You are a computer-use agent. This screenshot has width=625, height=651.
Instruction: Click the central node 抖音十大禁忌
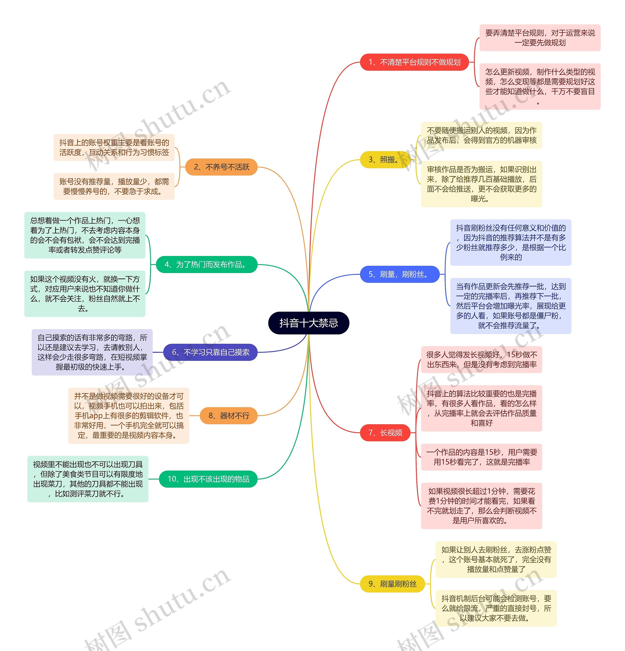308,323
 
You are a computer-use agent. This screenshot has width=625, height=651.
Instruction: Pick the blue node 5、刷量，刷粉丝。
399,274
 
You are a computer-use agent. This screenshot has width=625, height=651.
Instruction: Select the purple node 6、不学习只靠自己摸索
210,352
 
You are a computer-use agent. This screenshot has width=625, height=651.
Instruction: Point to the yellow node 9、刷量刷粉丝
392,584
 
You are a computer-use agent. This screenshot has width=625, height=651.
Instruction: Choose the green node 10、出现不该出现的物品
208,479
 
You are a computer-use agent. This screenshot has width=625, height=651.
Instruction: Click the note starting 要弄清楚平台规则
540,38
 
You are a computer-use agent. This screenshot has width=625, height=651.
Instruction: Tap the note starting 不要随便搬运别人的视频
481,135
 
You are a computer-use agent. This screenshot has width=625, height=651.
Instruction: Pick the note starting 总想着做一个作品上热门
85,235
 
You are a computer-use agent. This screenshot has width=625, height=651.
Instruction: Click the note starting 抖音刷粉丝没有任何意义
510,243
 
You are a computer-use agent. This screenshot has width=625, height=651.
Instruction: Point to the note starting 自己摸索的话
92,352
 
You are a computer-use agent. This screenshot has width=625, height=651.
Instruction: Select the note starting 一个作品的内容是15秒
481,457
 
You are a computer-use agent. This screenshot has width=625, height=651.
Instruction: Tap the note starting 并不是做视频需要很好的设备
128,416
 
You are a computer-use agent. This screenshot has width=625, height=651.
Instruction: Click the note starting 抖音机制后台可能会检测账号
496,608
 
